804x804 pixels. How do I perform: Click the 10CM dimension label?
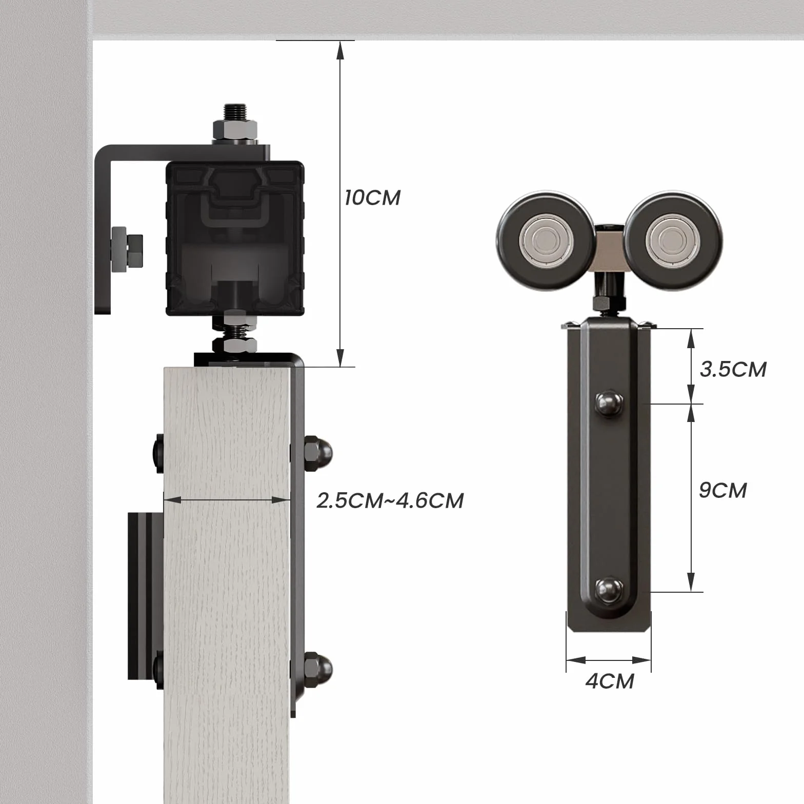[x=372, y=197]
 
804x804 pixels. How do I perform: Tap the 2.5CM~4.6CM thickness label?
[x=390, y=500]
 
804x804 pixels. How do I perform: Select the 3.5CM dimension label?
[x=733, y=369]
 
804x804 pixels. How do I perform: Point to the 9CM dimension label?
[x=723, y=490]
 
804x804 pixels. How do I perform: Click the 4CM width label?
[x=610, y=681]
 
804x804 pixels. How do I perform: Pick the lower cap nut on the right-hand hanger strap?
[x=609, y=590]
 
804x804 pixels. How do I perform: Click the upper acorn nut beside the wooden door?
[x=318, y=453]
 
